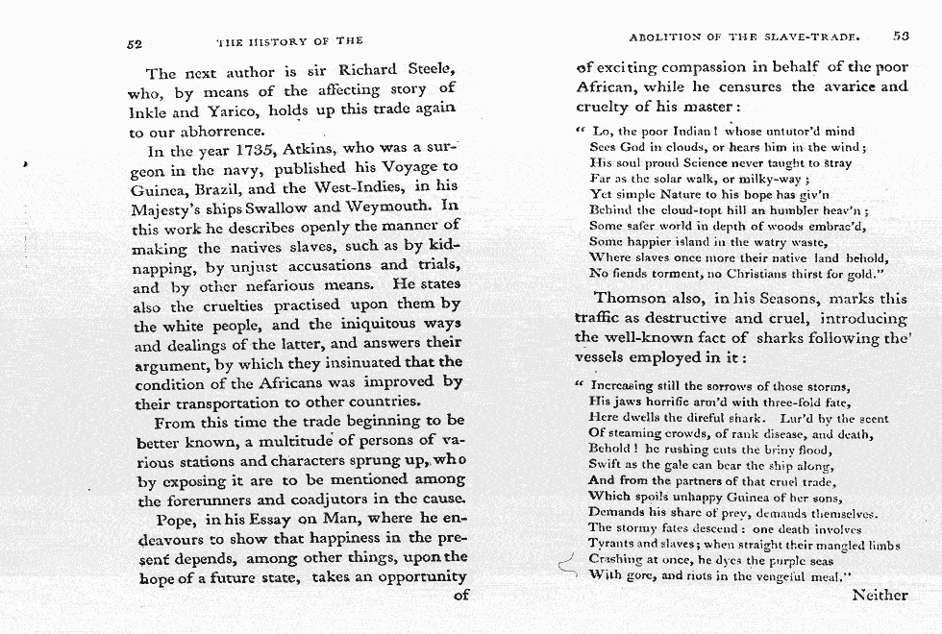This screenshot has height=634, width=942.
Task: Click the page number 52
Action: pyautogui.click(x=135, y=42)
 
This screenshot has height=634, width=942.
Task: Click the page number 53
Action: pyautogui.click(x=900, y=37)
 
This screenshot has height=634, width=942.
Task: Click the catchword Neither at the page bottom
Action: pyautogui.click(x=879, y=595)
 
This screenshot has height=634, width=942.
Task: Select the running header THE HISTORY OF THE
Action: pyautogui.click(x=290, y=41)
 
